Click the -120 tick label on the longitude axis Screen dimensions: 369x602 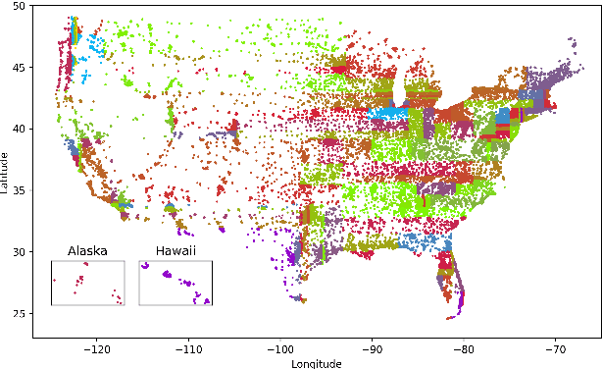click(96, 347)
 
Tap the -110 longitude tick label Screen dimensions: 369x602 click(188, 347)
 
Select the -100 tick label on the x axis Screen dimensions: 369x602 click(280, 347)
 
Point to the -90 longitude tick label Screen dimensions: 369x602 click(373, 347)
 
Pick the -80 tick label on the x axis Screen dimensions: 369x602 click(465, 347)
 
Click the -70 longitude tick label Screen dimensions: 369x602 click(556, 347)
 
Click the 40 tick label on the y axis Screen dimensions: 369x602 click(20, 129)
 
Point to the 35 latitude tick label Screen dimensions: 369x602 click(20, 190)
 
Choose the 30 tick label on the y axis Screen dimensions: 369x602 click(20, 252)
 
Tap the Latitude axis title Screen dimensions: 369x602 click(6, 171)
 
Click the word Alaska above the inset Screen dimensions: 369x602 click(87, 251)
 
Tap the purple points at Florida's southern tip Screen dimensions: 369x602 click(454, 315)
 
